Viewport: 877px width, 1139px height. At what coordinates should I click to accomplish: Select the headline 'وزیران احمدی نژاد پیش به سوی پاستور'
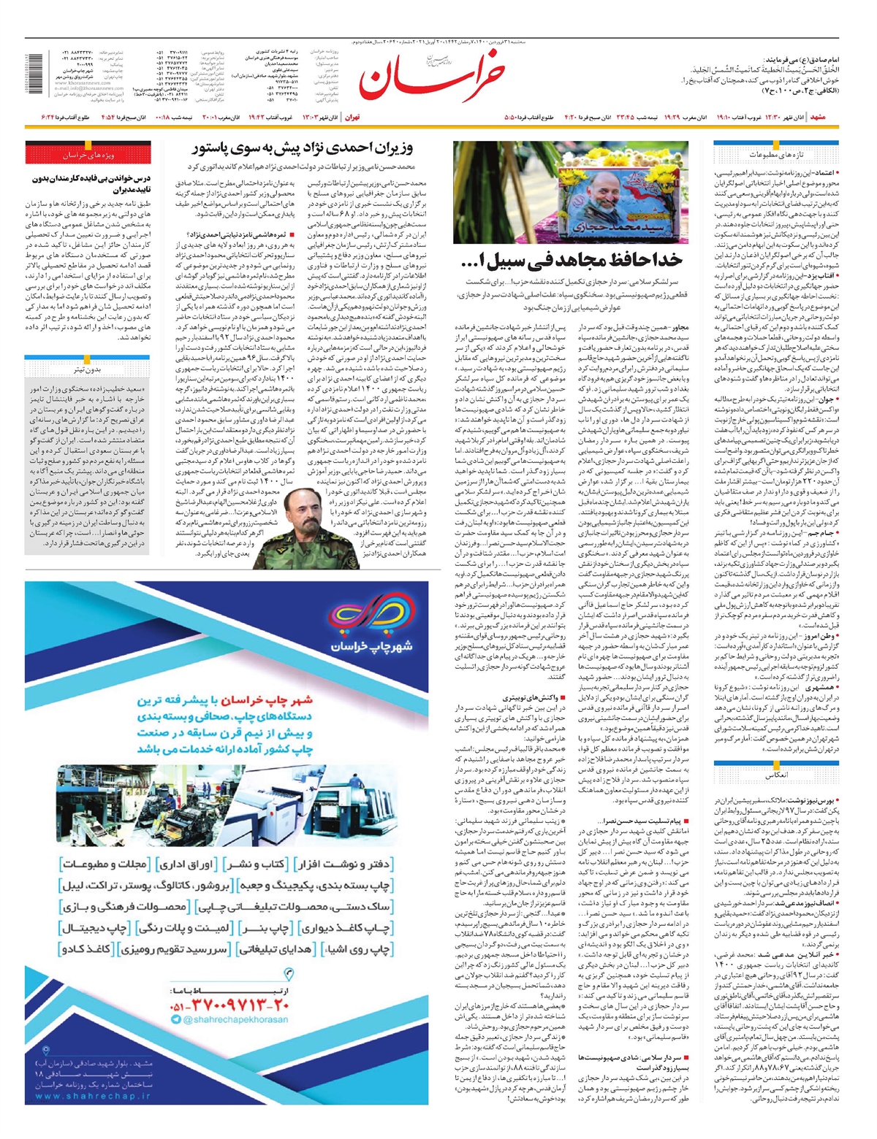(x=303, y=148)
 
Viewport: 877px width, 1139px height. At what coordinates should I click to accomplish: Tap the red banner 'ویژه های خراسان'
(x=88, y=155)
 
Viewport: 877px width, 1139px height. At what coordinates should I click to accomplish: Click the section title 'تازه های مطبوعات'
(x=776, y=154)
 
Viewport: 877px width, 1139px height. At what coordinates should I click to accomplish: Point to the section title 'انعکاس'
(x=776, y=775)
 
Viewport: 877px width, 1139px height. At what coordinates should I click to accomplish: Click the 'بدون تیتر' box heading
(x=88, y=369)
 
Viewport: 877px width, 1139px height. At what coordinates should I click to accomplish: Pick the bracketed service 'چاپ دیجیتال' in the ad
(x=95, y=928)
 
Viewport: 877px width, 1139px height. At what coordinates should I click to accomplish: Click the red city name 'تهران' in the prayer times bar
(x=352, y=118)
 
